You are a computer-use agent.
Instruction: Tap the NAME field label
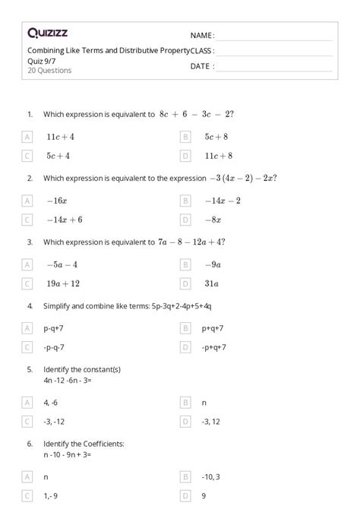point(202,36)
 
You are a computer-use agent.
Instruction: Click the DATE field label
point(202,66)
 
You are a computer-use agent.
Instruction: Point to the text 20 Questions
point(49,71)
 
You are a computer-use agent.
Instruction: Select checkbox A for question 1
point(27,137)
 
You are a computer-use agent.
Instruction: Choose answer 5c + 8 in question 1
point(216,137)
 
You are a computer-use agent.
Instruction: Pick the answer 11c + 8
point(217,156)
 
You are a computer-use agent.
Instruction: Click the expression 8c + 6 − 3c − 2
point(197,115)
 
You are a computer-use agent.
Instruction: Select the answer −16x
point(57,201)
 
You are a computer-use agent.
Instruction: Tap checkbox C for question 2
point(27,220)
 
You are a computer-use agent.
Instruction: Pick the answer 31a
point(211,283)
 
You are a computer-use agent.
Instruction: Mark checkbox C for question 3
point(27,283)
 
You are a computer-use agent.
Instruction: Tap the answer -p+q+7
point(214,347)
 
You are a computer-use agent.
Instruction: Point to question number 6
point(30,443)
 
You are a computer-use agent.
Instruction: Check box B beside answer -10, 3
point(185,476)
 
